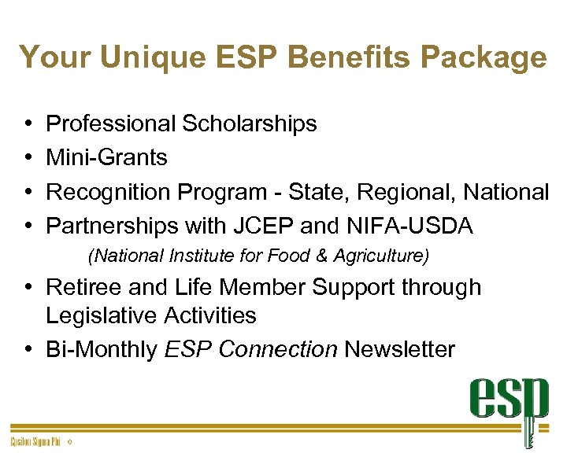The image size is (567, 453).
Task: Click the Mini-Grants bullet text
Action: point(106,157)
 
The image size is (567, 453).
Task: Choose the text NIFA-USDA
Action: point(409,226)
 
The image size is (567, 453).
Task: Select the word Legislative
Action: point(102,315)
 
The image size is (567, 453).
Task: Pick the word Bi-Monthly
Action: point(102,349)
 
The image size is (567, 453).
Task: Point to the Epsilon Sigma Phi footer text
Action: point(35,443)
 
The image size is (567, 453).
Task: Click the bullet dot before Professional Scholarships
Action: point(28,124)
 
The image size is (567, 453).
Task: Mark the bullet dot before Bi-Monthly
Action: point(28,349)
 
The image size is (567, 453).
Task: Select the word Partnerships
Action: point(112,226)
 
